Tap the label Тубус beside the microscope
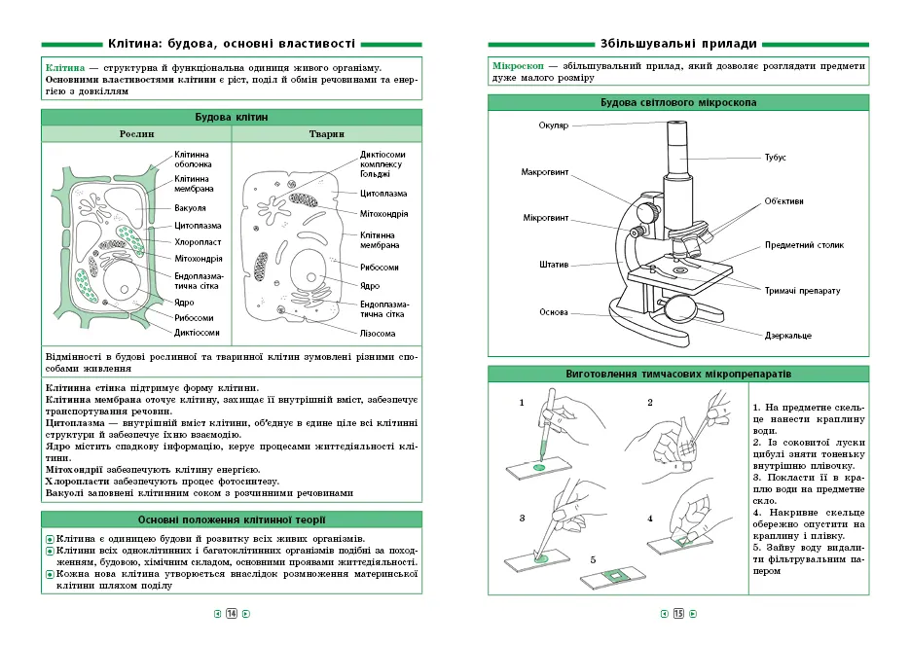tap(776, 157)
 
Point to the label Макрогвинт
tap(545, 172)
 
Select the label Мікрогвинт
tap(546, 217)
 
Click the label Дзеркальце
tap(788, 336)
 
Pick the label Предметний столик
tap(804, 245)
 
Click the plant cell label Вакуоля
tap(190, 207)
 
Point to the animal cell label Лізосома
tap(378, 333)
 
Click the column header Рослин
tap(136, 134)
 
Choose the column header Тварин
tap(326, 134)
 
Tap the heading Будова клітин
tap(232, 117)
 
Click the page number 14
tap(232, 614)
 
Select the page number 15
tap(678, 614)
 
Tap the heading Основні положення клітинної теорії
tap(232, 520)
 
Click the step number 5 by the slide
tap(593, 559)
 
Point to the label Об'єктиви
tap(783, 201)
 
